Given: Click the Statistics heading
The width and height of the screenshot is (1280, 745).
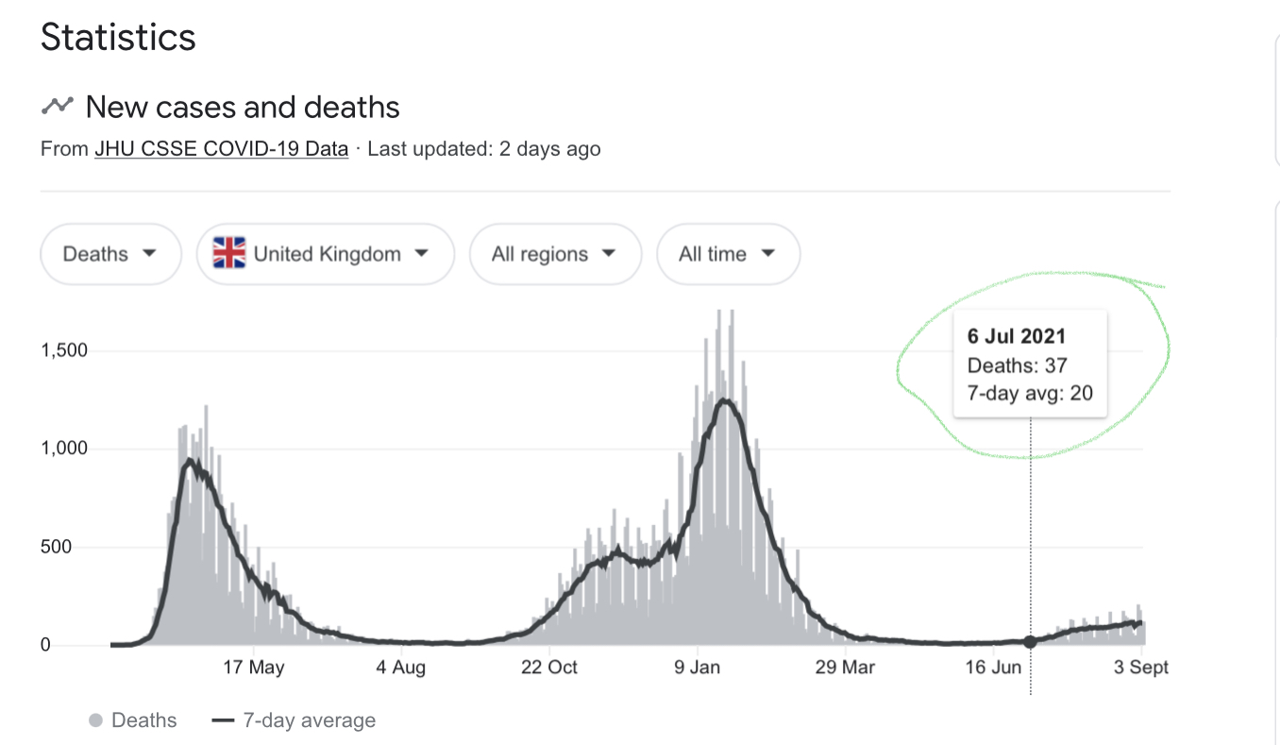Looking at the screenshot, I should coord(118,38).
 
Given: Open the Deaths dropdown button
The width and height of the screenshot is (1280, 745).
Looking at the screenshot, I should coord(109,254).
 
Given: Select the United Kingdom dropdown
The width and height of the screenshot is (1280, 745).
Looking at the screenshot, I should coord(326,254).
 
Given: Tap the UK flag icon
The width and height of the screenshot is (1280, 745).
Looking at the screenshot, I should coord(228,254).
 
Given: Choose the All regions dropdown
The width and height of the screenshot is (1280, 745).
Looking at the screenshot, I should coord(554,254).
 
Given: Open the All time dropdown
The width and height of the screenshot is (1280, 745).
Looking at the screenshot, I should coord(727,254).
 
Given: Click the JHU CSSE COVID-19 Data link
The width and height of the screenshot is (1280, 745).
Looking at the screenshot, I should coord(221,148).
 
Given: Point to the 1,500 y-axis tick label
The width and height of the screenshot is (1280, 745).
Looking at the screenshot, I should coord(63,350).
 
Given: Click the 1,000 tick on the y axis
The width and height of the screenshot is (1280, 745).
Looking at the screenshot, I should coord(63,449).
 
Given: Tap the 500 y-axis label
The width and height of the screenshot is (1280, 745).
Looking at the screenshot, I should coord(71,548).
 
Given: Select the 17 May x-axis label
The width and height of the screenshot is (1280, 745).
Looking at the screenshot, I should coord(253,668).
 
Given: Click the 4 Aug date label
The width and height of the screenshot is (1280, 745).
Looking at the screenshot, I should coord(401,668).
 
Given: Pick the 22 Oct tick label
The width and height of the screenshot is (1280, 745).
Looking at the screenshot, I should coord(549,668).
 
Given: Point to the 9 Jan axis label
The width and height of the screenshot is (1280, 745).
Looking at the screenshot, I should coord(697,668).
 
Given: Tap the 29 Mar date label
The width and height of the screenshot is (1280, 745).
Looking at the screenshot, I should coord(845,668).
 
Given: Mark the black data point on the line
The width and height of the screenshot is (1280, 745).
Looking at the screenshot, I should coord(1030,642).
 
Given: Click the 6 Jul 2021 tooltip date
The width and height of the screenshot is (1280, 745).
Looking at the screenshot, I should coord(1016,336).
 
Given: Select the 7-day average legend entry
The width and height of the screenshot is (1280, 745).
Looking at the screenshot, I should coord(295,720).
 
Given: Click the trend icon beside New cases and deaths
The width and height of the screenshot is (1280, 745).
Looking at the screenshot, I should coord(57,106).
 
